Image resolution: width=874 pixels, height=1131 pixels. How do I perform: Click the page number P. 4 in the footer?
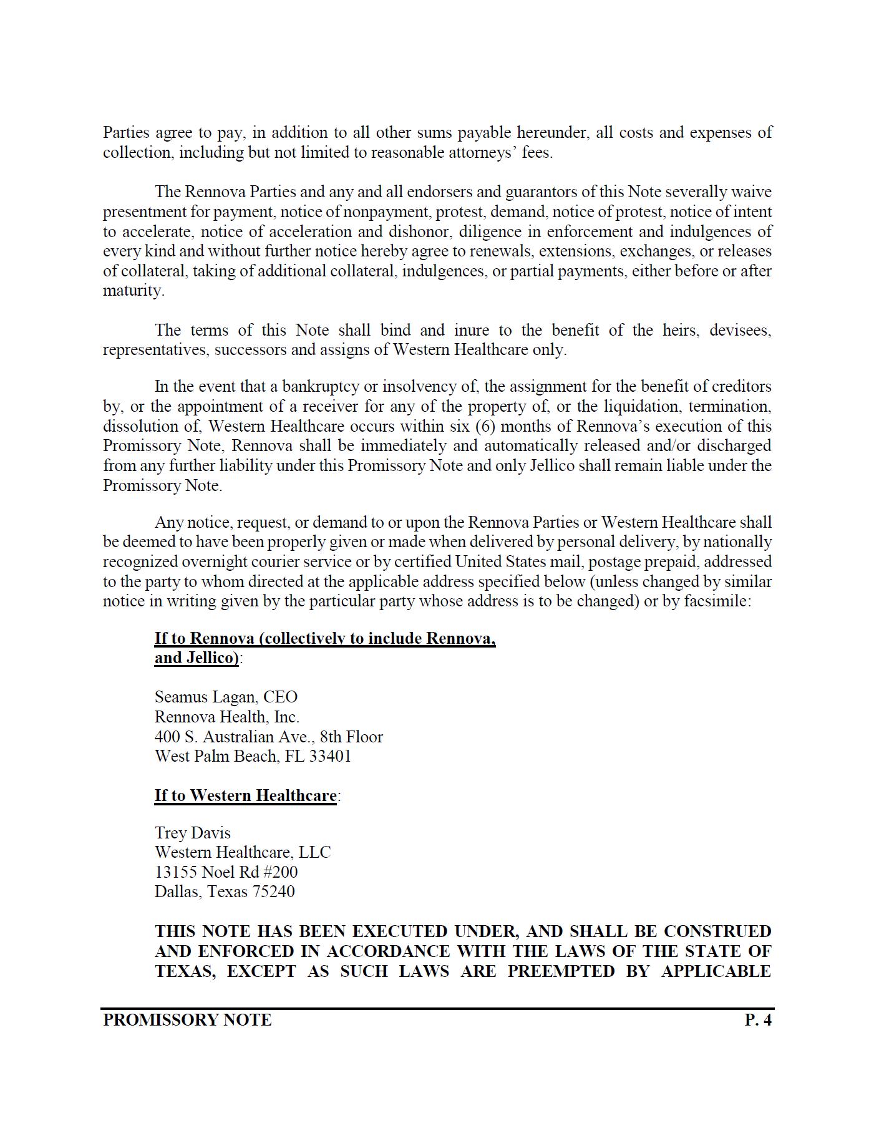758,1020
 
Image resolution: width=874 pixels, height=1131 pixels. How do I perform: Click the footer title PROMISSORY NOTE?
187,1020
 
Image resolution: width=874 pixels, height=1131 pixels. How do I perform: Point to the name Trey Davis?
192,833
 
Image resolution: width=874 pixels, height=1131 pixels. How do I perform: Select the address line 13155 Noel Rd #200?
226,871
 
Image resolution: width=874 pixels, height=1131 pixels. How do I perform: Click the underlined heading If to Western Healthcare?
245,795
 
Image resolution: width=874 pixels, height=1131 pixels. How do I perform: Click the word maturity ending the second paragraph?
132,291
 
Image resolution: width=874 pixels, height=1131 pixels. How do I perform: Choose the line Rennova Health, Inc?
226,717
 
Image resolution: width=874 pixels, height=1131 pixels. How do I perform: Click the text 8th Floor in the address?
351,737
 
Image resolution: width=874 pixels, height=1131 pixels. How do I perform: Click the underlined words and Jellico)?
197,658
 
